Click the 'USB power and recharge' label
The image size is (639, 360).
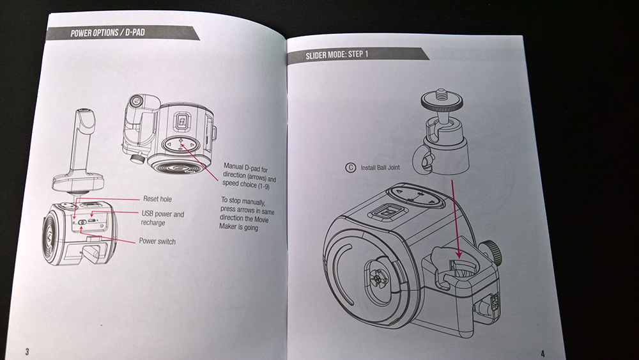162,218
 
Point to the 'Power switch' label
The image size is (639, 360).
157,242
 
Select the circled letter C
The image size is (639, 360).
350,169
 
